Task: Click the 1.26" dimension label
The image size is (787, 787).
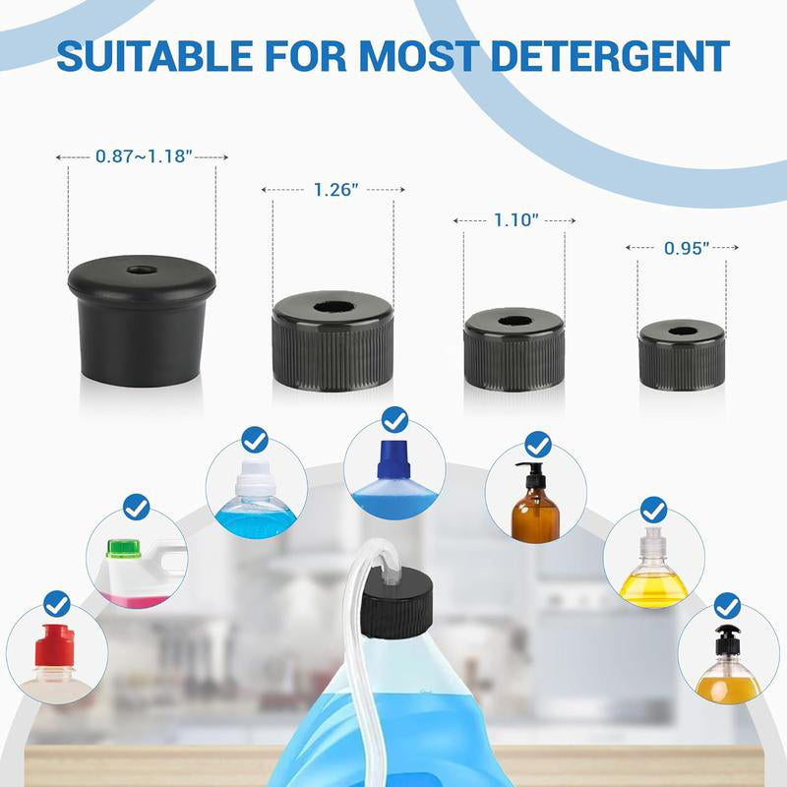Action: coord(333,189)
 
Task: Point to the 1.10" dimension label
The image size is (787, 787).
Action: coord(515,221)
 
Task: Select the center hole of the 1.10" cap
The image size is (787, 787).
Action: coord(515,321)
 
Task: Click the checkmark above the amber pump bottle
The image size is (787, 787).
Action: coord(538,444)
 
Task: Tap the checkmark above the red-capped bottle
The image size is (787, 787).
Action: coord(57,603)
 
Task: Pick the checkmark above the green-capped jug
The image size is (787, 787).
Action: coord(137,508)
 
